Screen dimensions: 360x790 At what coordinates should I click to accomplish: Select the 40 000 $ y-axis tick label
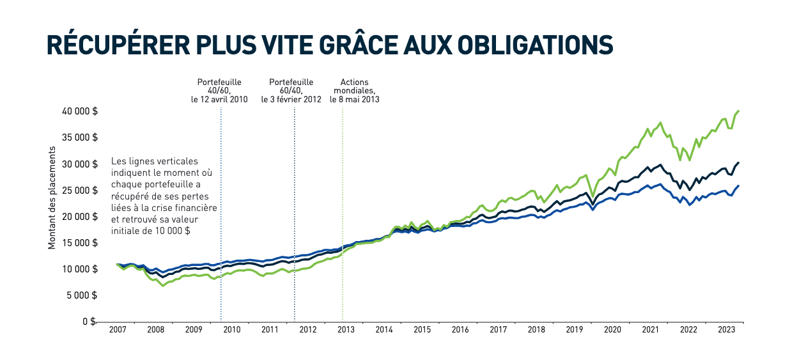[x=80, y=111]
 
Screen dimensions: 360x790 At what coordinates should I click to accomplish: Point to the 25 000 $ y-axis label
[x=80, y=191]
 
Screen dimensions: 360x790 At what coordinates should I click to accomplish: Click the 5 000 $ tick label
[x=82, y=295]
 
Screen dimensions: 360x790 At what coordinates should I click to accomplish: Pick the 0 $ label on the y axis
[x=91, y=322]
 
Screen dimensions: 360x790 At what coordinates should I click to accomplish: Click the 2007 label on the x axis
[x=117, y=330]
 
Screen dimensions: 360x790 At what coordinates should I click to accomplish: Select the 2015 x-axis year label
[x=422, y=330]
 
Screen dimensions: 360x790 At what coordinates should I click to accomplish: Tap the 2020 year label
[x=612, y=330]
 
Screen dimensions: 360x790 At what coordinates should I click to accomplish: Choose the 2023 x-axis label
[x=727, y=330]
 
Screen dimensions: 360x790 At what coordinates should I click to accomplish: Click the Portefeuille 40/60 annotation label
[x=219, y=91]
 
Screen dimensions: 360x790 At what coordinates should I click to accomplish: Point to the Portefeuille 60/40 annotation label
[x=291, y=91]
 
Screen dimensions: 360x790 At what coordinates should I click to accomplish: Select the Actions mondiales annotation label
[x=355, y=91]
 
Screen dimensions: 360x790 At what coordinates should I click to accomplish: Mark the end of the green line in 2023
[x=739, y=111]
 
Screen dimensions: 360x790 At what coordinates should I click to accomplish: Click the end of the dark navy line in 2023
[x=739, y=162]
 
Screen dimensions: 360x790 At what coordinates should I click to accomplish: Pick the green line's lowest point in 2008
[x=163, y=285]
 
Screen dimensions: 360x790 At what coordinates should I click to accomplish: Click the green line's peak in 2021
[x=660, y=122]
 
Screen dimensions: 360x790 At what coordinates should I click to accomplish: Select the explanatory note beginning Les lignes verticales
[x=164, y=196]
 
